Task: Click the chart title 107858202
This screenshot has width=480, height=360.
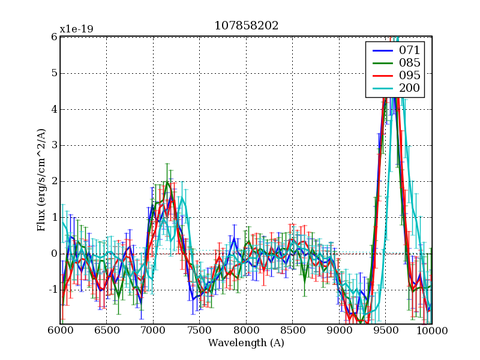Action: (246, 26)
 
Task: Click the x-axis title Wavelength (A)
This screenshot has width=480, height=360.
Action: (246, 343)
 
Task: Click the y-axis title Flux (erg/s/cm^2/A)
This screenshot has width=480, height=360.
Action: (41, 181)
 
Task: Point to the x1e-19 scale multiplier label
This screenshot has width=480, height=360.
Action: (76, 29)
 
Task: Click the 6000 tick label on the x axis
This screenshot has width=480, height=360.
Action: (60, 331)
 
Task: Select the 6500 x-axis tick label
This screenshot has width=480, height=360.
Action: (106, 331)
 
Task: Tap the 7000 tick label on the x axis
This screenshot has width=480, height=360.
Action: (153, 331)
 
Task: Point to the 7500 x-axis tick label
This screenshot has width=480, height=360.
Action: (199, 331)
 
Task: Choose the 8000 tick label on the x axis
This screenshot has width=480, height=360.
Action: (246, 331)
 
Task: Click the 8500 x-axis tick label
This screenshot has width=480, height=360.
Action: (292, 331)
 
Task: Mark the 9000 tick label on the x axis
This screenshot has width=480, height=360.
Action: (339, 331)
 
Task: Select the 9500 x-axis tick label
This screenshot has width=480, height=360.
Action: (385, 331)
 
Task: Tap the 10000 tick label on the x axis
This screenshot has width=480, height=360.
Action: (432, 331)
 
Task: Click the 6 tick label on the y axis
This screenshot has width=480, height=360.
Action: (54, 37)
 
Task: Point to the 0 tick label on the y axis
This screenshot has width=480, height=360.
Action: (54, 254)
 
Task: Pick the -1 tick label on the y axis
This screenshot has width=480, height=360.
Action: (52, 290)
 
